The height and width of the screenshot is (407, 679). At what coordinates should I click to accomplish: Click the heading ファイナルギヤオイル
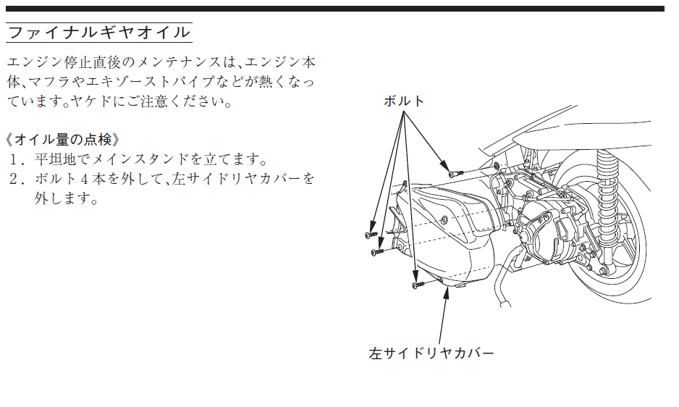coord(99,33)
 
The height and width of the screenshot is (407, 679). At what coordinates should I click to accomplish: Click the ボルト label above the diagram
coord(404,101)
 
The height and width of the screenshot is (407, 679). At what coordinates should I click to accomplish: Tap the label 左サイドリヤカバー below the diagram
coord(431,353)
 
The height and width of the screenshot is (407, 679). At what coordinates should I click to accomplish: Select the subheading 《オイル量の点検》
coord(63,140)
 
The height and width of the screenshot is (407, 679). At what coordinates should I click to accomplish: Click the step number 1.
coord(17,159)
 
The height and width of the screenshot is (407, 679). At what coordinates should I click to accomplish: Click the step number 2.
coord(17,179)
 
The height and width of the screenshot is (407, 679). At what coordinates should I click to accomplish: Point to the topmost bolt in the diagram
coord(455,173)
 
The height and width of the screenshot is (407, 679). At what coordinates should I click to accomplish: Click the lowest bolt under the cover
coord(418,285)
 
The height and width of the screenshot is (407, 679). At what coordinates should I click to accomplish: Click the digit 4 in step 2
coord(84,179)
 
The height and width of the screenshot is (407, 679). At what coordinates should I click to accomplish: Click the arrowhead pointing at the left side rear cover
coord(446,293)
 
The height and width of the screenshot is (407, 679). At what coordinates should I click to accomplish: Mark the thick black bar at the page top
coord(334,9)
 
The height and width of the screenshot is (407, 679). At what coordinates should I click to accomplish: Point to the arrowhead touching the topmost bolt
coord(444,166)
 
